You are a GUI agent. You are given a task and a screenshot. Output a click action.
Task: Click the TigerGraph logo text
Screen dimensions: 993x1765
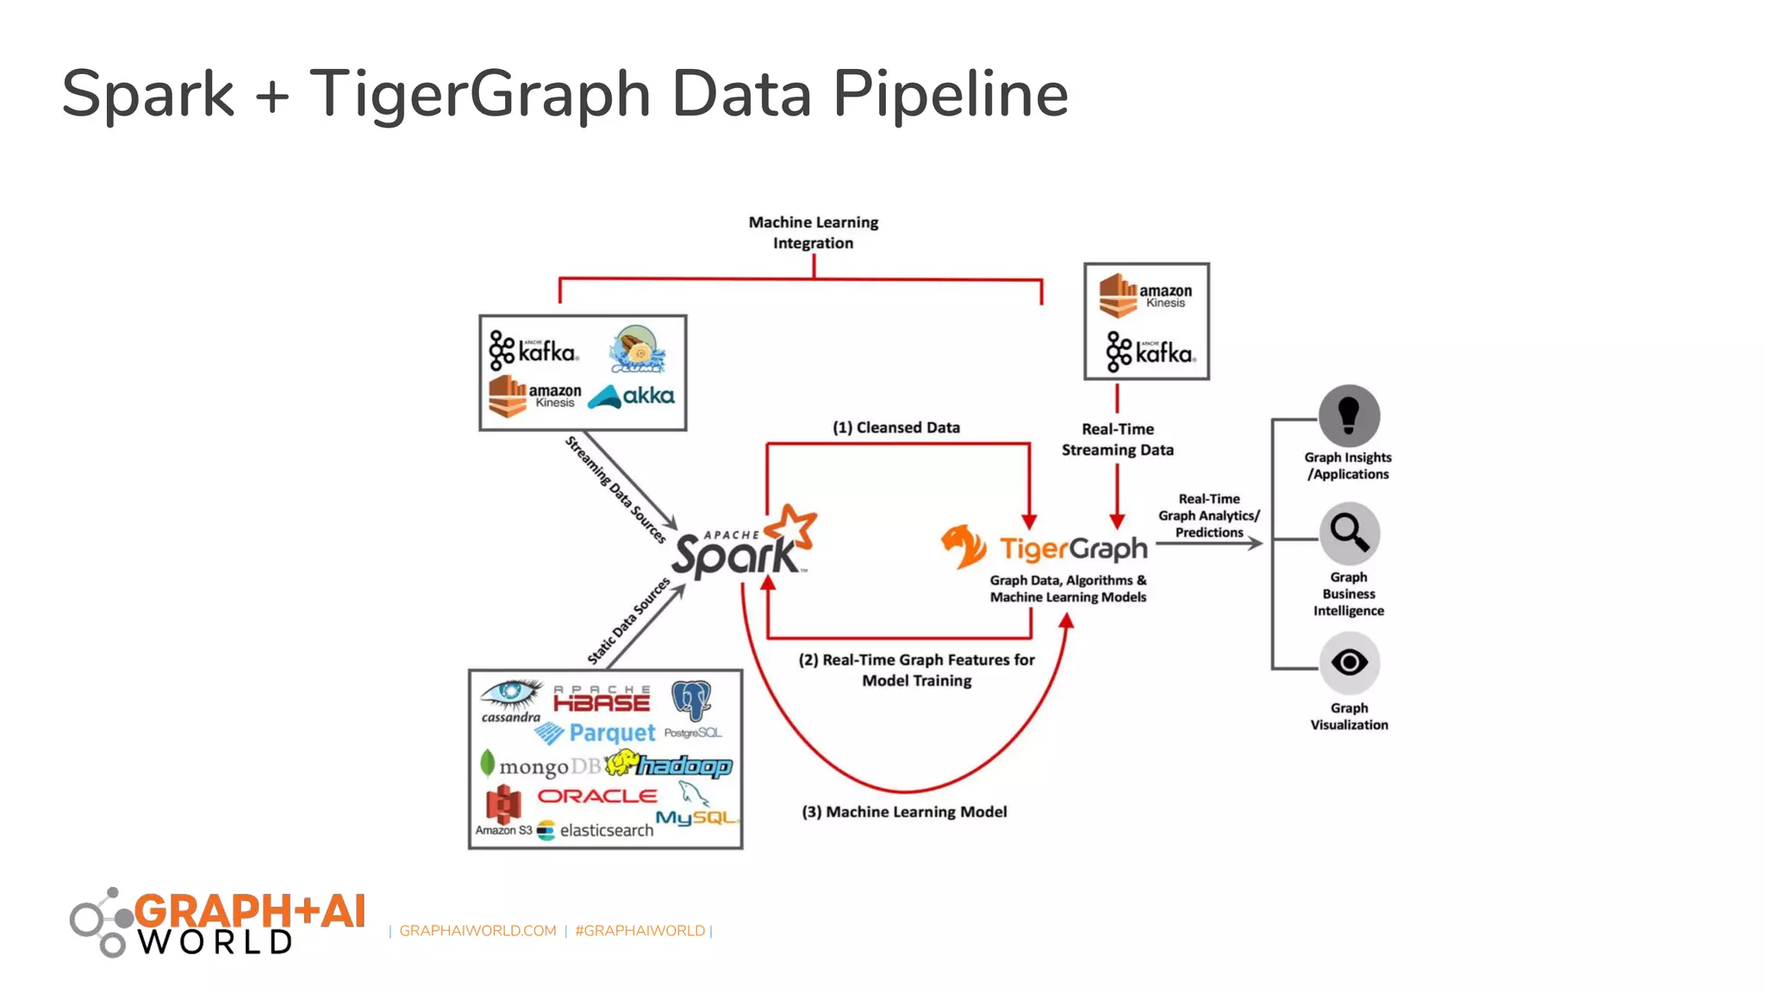(x=1073, y=549)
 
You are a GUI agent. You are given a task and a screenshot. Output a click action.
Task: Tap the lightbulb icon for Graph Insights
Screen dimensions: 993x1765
(x=1349, y=415)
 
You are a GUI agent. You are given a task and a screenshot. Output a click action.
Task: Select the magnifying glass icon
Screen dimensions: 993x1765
(x=1349, y=533)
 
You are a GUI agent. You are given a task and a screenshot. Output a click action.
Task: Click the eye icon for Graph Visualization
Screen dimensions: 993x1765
(x=1349, y=663)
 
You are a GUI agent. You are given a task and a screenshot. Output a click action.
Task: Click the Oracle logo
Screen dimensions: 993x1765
(x=597, y=796)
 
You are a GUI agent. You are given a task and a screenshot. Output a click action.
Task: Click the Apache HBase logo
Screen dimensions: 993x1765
(x=602, y=700)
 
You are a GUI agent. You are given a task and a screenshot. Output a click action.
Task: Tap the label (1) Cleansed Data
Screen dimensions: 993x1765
(x=895, y=428)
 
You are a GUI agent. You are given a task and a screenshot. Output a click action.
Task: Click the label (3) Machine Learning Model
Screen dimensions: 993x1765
(x=904, y=812)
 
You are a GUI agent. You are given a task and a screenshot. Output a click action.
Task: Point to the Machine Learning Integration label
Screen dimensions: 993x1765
(x=813, y=233)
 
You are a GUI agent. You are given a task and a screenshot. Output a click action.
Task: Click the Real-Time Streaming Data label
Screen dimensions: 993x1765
(x=1117, y=440)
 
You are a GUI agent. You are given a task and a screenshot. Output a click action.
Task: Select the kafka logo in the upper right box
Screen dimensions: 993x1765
(x=1151, y=352)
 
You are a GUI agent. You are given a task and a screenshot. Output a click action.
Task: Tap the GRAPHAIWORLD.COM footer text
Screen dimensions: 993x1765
(x=477, y=931)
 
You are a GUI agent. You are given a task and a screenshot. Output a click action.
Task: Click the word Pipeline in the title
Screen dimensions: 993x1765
(x=950, y=94)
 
